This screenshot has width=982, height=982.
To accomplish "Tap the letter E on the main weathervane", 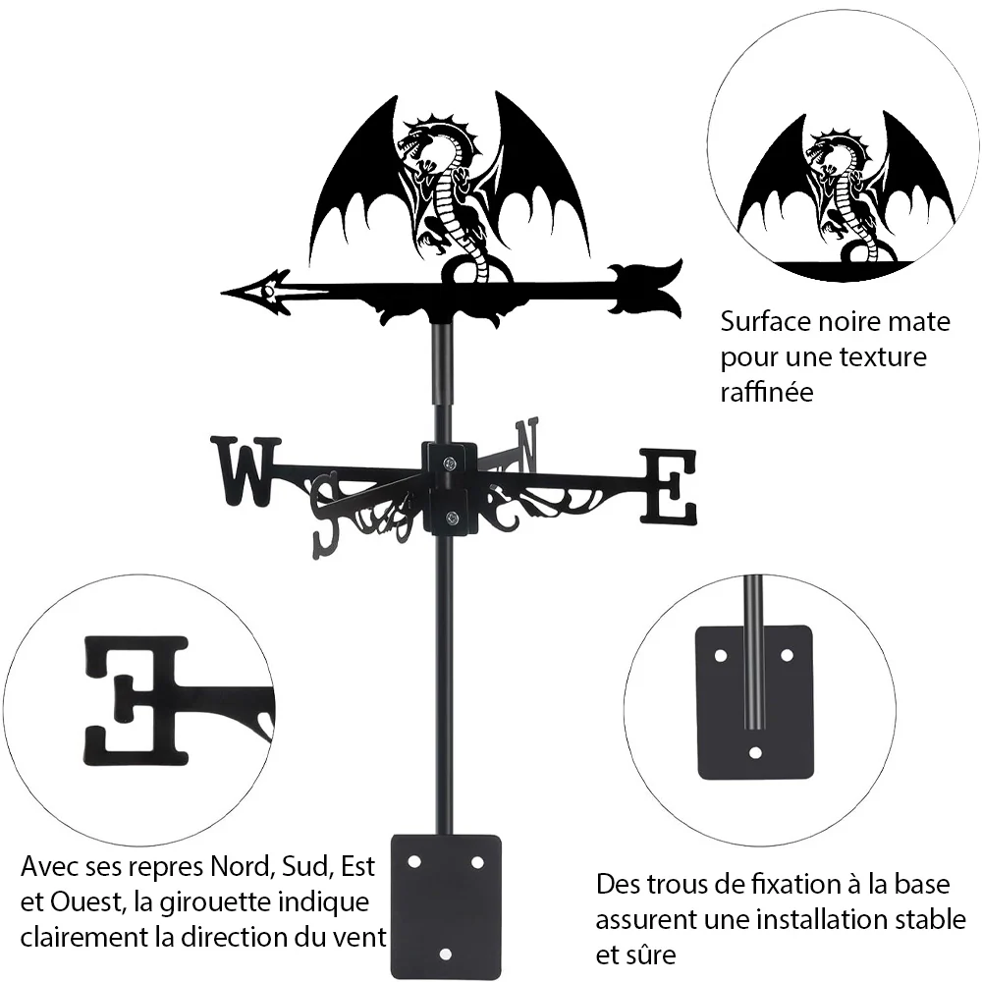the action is click(x=668, y=487).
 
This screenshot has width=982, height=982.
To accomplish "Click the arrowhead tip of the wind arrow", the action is click(x=223, y=292).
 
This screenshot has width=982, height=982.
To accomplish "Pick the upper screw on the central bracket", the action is click(x=450, y=464).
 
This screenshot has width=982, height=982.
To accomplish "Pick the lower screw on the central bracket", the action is click(x=450, y=518).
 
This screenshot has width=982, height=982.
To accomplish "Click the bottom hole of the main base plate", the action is click(x=445, y=955).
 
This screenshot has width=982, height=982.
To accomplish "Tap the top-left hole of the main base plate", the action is click(x=414, y=862).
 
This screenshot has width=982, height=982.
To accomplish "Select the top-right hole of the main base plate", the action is click(x=477, y=862).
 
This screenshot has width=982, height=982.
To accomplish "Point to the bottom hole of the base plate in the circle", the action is click(x=755, y=752).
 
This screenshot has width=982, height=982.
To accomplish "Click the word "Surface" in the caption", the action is click(x=759, y=322).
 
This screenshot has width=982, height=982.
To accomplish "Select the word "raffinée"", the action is click(x=767, y=392).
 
